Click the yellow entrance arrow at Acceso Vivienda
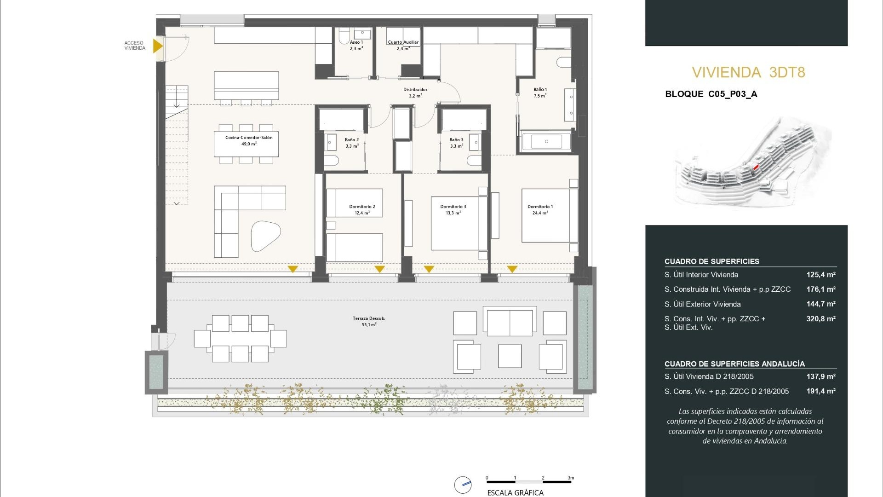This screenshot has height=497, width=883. [x=157, y=46]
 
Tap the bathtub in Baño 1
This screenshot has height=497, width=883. [x=546, y=142]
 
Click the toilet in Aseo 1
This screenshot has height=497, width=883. [x=344, y=36]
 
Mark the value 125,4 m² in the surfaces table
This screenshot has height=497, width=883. [x=820, y=275]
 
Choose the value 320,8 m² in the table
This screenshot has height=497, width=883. [x=820, y=318]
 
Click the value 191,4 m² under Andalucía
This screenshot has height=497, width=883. [x=820, y=391]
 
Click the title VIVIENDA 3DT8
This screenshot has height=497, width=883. [x=748, y=72]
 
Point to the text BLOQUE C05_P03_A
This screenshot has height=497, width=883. [x=711, y=94]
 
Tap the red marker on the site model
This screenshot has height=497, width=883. [x=756, y=168]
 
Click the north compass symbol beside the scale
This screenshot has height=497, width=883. [x=463, y=485]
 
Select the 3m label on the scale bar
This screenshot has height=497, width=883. [x=571, y=478]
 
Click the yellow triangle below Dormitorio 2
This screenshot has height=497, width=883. [x=379, y=269]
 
